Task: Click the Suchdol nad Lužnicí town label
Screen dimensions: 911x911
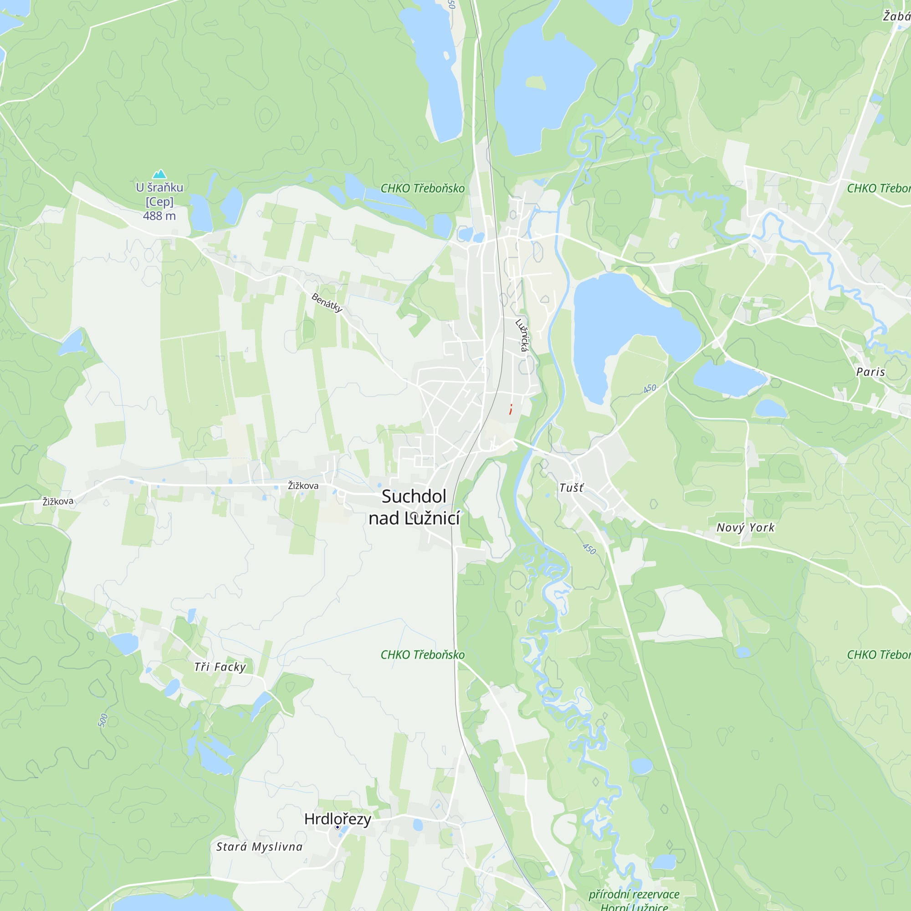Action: point(414,507)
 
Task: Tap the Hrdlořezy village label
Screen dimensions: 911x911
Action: point(338,819)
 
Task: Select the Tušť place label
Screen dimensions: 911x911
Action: point(571,487)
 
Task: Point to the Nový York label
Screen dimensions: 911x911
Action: point(745,527)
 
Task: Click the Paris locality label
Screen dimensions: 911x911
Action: point(870,372)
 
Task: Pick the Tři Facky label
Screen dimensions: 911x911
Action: point(220,667)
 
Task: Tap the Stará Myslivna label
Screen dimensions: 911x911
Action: point(259,846)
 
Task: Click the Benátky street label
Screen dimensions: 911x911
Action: point(327,302)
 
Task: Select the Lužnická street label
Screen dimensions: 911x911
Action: point(522,336)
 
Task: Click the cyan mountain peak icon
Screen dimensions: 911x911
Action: point(159,174)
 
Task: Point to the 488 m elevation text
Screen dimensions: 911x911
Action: point(159,216)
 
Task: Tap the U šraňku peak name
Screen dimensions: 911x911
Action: point(159,188)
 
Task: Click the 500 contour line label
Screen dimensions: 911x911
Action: point(103,721)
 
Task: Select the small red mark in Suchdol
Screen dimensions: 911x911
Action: point(511,409)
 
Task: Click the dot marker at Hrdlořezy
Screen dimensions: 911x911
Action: point(337,827)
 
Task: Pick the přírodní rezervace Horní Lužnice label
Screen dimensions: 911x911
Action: point(634,900)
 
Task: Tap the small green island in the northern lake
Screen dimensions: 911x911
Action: point(536,83)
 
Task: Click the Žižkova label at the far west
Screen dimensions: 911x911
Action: point(58,501)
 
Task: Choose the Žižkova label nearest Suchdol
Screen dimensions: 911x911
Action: point(303,486)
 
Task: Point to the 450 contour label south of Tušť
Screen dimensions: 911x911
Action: point(589,549)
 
